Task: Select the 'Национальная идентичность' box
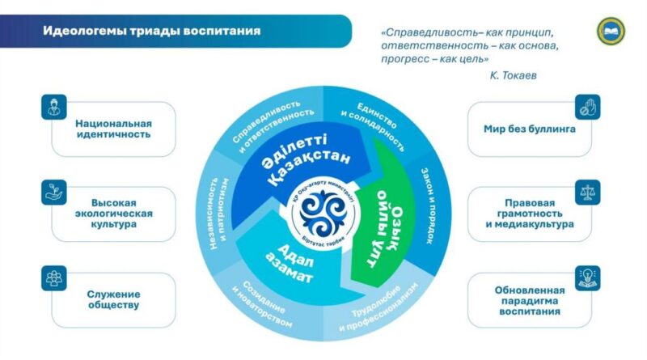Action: pos(114,129)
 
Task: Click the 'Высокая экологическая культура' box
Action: pos(114,214)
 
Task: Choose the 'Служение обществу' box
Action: pos(114,299)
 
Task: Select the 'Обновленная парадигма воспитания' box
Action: pos(530,299)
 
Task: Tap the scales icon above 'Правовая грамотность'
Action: pos(587,192)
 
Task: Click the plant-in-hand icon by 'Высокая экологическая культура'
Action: pos(55,193)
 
